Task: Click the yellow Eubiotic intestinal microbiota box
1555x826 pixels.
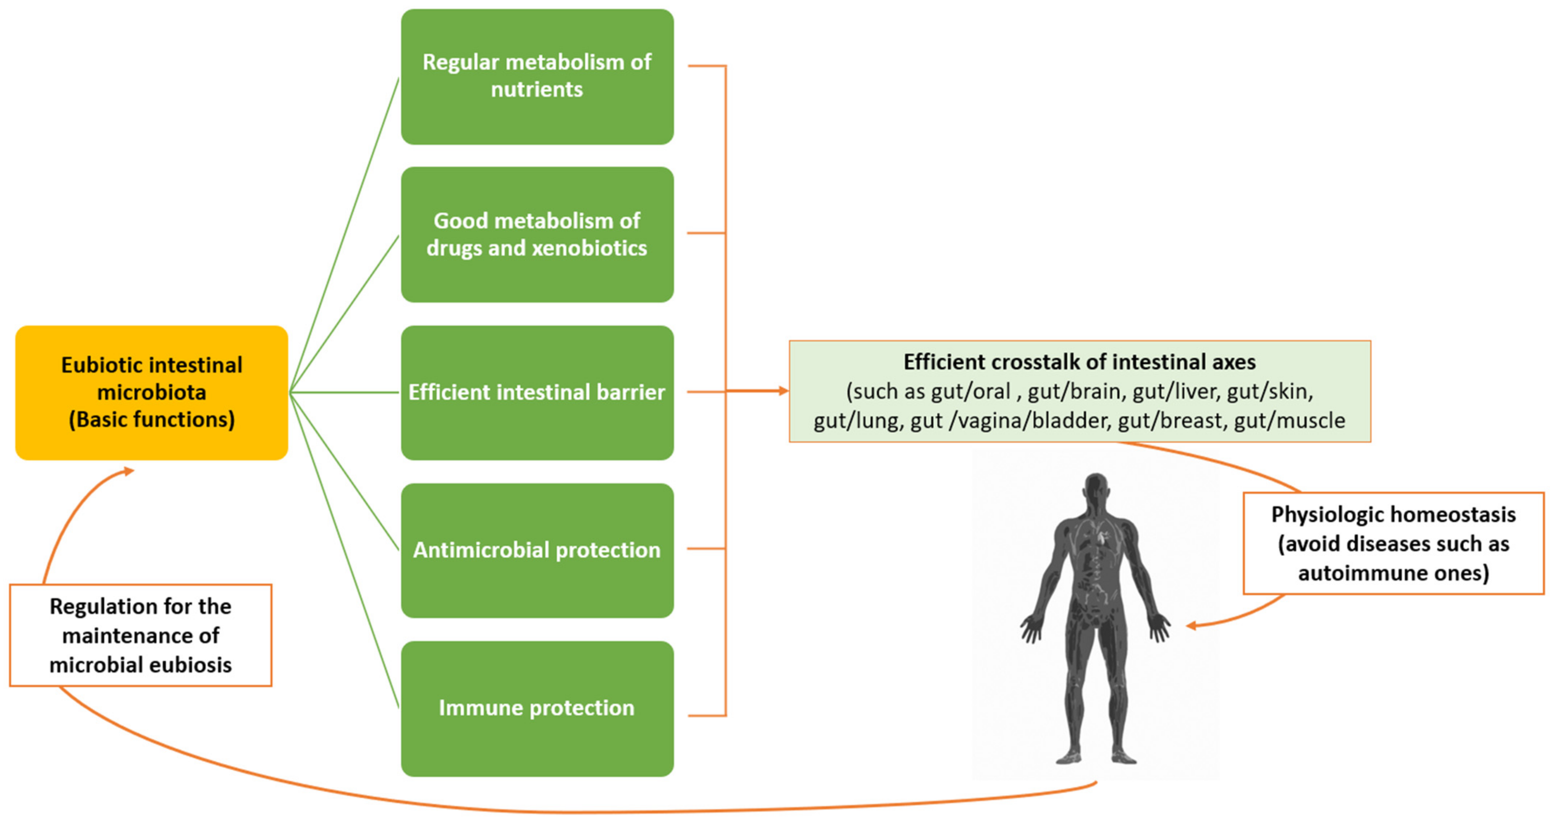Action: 151,393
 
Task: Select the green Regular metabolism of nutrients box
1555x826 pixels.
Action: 537,77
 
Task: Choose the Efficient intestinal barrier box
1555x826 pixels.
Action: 537,393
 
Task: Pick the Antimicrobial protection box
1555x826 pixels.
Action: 537,550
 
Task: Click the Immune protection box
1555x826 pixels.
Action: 537,708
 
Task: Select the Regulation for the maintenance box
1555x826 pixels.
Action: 140,635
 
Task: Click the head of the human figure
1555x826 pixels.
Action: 1096,486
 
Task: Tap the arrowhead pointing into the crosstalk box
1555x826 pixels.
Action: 783,391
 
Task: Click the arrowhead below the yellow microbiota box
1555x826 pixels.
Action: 128,471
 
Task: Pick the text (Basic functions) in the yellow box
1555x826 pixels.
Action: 151,419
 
